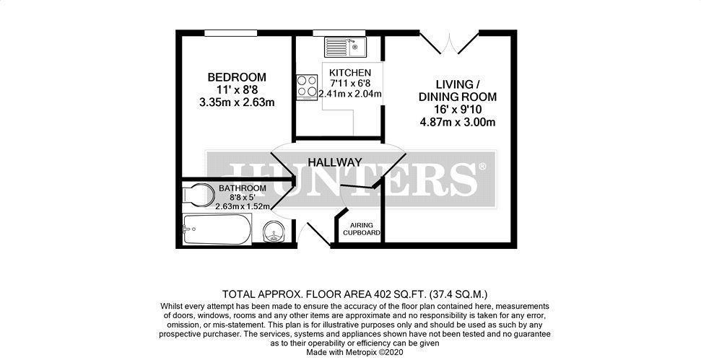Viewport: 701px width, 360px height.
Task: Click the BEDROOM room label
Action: pyautogui.click(x=237, y=77)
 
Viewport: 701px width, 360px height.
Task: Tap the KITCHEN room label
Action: pyautogui.click(x=350, y=73)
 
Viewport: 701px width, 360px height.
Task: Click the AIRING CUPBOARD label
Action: pyautogui.click(x=361, y=228)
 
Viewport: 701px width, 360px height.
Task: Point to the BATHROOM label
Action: pyautogui.click(x=243, y=188)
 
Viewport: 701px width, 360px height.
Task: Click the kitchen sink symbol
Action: pyautogui.click(x=346, y=47)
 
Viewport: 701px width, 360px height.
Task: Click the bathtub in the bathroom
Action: pyautogui.click(x=217, y=230)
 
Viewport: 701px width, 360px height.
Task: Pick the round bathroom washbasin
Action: pyautogui.click(x=273, y=232)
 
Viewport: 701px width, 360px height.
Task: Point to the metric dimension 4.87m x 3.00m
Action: pyautogui.click(x=458, y=122)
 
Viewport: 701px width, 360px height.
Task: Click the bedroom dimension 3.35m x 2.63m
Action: pyautogui.click(x=237, y=102)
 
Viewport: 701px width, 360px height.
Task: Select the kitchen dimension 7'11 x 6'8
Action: pyautogui.click(x=350, y=83)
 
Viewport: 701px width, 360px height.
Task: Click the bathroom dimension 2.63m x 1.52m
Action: pyautogui.click(x=243, y=206)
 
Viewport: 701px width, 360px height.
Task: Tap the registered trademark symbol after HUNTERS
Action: pyautogui.click(x=482, y=167)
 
